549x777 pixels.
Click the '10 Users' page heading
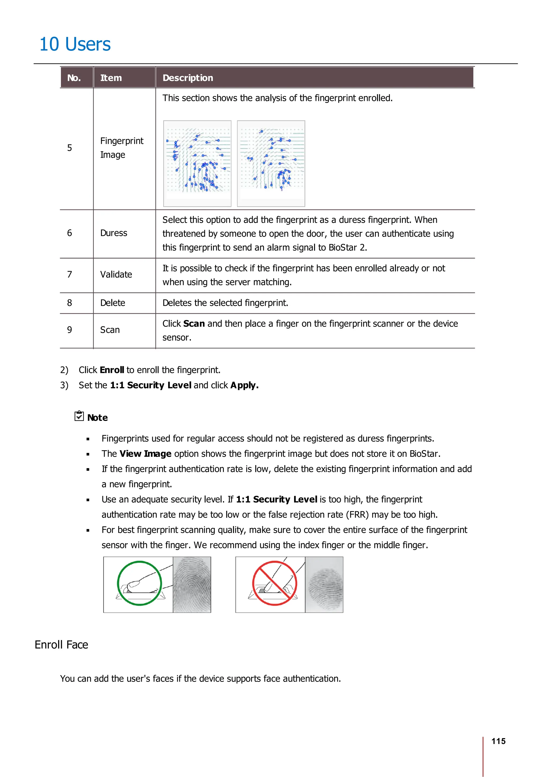[75, 44]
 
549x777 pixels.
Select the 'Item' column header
[111, 78]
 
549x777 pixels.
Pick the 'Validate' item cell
[116, 275]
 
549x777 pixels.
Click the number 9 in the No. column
[69, 330]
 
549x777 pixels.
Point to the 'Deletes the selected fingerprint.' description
[225, 303]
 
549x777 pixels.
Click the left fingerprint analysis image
[197, 164]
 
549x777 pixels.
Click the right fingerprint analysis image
[271, 164]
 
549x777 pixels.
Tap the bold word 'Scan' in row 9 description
[194, 324]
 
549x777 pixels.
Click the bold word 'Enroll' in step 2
[112, 370]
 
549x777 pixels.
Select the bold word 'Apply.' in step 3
[244, 386]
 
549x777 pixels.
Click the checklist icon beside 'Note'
[79, 416]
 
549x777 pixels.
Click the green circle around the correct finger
[139, 583]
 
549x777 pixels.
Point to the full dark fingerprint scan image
[192, 584]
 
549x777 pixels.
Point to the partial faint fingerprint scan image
[324, 584]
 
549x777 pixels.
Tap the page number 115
[498, 741]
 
